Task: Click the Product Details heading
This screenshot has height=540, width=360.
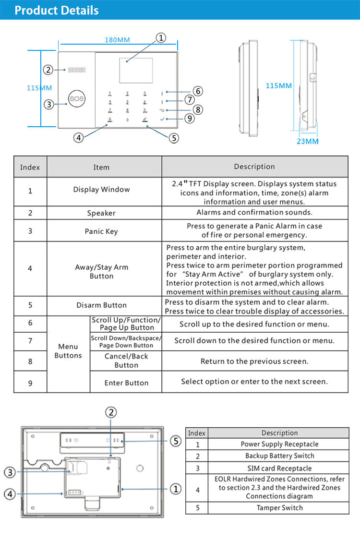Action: pyautogui.click(x=56, y=10)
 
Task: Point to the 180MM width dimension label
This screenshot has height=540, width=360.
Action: pyautogui.click(x=117, y=40)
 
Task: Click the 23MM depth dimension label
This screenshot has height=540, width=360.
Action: pyautogui.click(x=307, y=141)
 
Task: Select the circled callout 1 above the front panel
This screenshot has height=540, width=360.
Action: pyautogui.click(x=161, y=37)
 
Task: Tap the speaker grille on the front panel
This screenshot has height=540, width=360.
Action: pyautogui.click(x=76, y=70)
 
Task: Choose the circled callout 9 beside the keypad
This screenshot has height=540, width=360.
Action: pyautogui.click(x=190, y=118)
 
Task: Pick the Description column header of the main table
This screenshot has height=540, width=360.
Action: pyautogui.click(x=254, y=167)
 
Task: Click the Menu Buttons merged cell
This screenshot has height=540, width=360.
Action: pyautogui.click(x=68, y=351)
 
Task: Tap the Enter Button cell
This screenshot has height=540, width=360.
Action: pyautogui.click(x=126, y=383)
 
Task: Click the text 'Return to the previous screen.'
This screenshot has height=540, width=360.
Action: pyautogui.click(x=254, y=361)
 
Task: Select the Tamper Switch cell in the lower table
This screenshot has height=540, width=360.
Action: pyautogui.click(x=279, y=508)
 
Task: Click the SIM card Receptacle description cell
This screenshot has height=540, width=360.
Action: pyautogui.click(x=279, y=468)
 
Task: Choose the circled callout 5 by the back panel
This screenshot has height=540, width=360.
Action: pyautogui.click(x=176, y=441)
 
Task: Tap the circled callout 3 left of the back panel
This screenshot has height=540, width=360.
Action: pyautogui.click(x=10, y=472)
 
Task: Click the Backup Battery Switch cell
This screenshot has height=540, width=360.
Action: pyautogui.click(x=279, y=456)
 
